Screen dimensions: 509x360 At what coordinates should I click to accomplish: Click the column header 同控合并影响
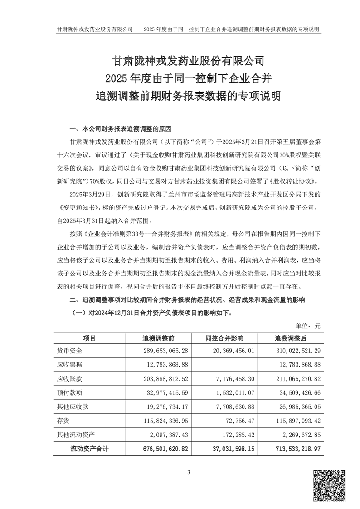coord(224,338)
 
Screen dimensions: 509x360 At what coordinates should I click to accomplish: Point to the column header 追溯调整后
coord(291,338)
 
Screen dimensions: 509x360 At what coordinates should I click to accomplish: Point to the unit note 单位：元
coord(308,325)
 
